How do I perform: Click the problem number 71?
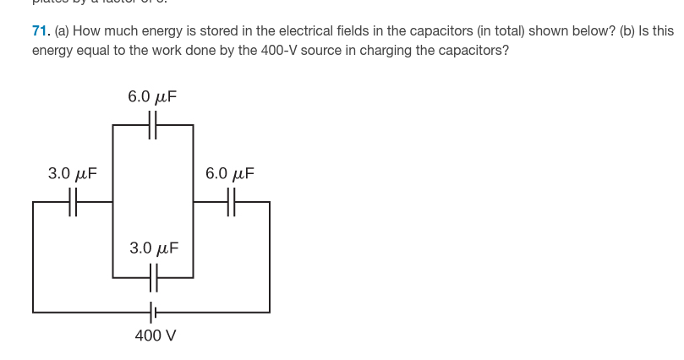pyautogui.click(x=41, y=31)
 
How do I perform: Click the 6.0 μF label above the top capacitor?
pyautogui.click(x=152, y=96)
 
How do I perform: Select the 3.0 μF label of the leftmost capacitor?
pyautogui.click(x=72, y=174)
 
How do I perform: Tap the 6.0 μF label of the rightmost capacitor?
pyautogui.click(x=230, y=174)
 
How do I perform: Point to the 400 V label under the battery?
pyautogui.click(x=156, y=335)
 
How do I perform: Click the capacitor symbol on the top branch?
pyautogui.click(x=153, y=126)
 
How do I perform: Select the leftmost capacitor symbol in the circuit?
pyautogui.click(x=74, y=203)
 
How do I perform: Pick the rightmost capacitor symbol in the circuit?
pyautogui.click(x=232, y=203)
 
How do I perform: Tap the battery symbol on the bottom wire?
pyautogui.click(x=153, y=312)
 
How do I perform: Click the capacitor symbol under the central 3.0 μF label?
pyautogui.click(x=153, y=275)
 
